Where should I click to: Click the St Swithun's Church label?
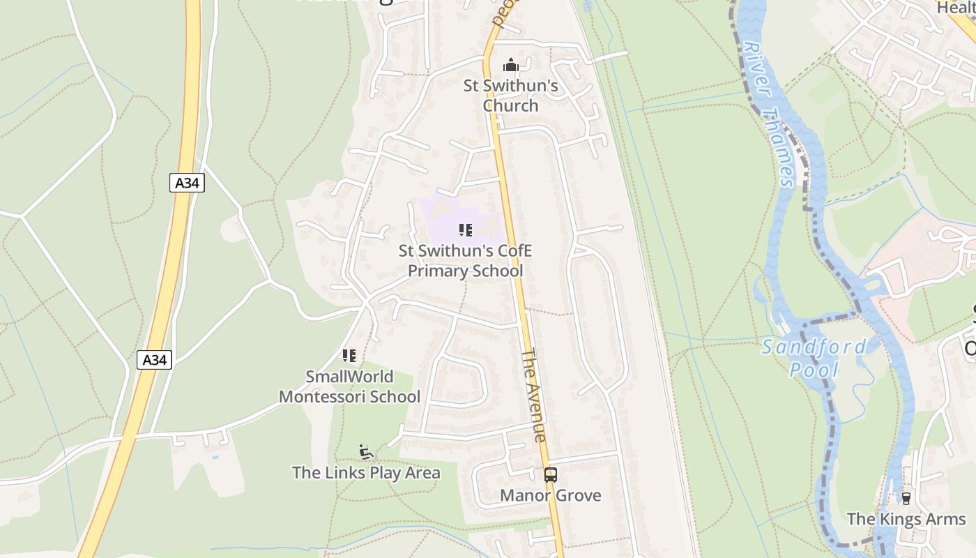pyautogui.click(x=511, y=96)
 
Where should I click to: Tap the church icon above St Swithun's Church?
pyautogui.click(x=511, y=66)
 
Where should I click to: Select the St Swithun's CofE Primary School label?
pyautogui.click(x=465, y=261)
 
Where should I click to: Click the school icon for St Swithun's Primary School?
pyautogui.click(x=466, y=230)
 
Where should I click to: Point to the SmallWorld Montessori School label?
pyautogui.click(x=349, y=386)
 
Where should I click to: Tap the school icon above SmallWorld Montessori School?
pyautogui.click(x=349, y=356)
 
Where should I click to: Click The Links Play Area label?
pyautogui.click(x=366, y=472)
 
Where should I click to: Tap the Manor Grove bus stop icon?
pyautogui.click(x=550, y=475)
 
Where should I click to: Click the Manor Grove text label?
pyautogui.click(x=551, y=495)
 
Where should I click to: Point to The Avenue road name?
pyautogui.click(x=533, y=395)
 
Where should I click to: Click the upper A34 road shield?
pyautogui.click(x=187, y=183)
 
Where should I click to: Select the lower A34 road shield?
pyautogui.click(x=154, y=360)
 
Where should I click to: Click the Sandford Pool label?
pyautogui.click(x=814, y=357)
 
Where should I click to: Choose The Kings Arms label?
pyautogui.click(x=906, y=519)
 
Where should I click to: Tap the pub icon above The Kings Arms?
pyautogui.click(x=906, y=499)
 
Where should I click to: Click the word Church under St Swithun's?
pyautogui.click(x=511, y=105)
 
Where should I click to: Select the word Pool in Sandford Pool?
pyautogui.click(x=814, y=369)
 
